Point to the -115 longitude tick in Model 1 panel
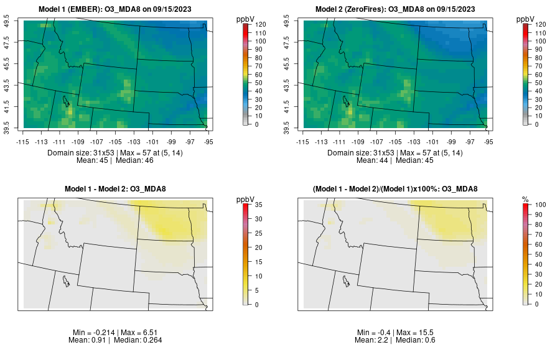tap(24, 141)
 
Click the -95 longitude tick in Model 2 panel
tap(488, 141)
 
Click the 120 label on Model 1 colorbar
tap(260, 24)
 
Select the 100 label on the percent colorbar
tap(539, 204)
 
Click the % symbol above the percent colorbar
tap(525, 199)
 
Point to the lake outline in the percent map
tap(346, 279)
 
